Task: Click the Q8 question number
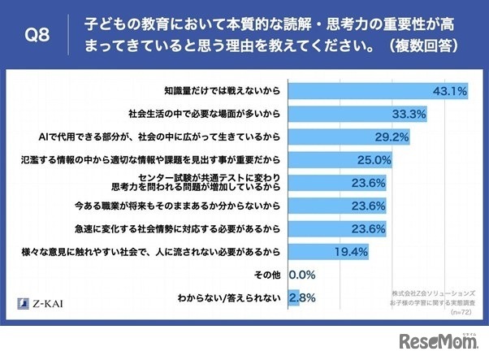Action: point(40,35)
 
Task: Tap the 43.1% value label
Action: point(448,90)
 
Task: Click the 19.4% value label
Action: point(351,252)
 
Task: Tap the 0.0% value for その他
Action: point(301,275)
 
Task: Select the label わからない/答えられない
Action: point(233,298)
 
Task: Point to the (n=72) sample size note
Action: point(459,310)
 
